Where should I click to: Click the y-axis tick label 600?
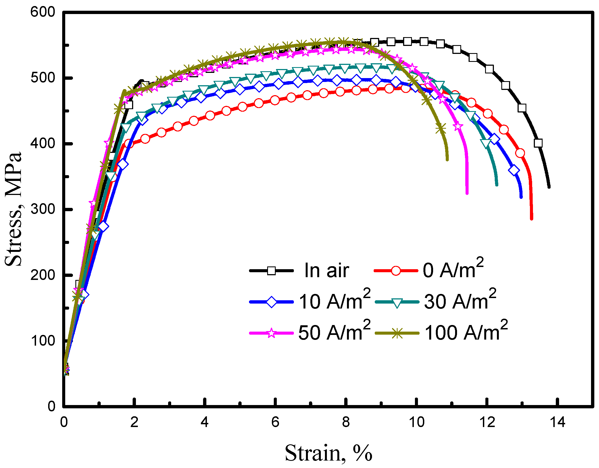[43, 12]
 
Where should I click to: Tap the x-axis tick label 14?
[557, 422]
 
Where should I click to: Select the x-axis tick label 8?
[346, 422]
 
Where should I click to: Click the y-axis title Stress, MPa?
[13, 209]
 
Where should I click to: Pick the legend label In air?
[327, 271]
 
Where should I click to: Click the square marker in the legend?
[271, 271]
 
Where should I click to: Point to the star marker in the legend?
[271, 333]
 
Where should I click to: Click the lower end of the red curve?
[531, 219]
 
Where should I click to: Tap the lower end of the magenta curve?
[467, 193]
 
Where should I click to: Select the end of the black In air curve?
[549, 187]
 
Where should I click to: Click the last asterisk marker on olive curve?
[441, 128]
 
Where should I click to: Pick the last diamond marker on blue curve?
[514, 170]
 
